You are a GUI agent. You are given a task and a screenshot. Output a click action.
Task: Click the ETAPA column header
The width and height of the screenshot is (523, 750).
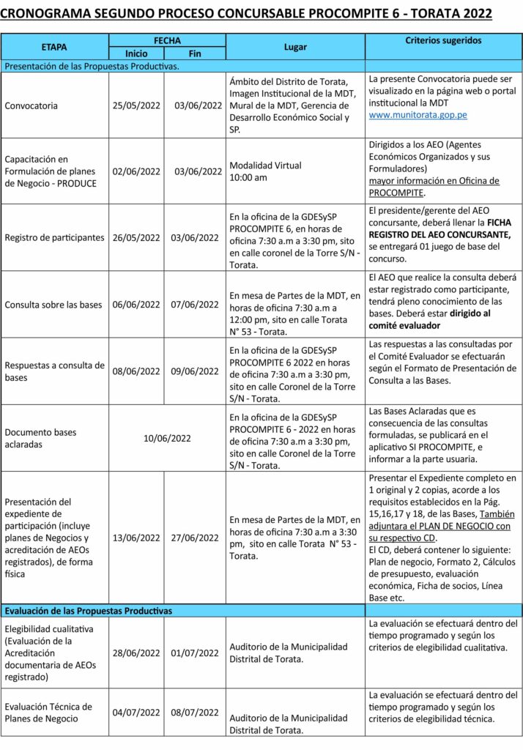pyautogui.click(x=55, y=47)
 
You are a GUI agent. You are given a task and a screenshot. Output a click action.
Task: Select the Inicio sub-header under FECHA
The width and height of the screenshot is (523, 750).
pyautogui.click(x=136, y=53)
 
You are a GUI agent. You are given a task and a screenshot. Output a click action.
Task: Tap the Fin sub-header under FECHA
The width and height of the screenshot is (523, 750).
pyautogui.click(x=195, y=53)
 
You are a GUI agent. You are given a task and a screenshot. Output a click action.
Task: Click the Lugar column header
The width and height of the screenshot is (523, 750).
pyautogui.click(x=295, y=47)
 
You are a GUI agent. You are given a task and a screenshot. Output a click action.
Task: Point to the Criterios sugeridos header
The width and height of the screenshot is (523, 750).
pyautogui.click(x=443, y=40)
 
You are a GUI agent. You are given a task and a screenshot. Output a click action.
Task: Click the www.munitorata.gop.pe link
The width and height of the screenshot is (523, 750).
pyautogui.click(x=418, y=115)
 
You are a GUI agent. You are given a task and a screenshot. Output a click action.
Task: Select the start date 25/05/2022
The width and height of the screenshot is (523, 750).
pyautogui.click(x=136, y=105)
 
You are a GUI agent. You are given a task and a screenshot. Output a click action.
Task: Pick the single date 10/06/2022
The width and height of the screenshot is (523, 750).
pyautogui.click(x=167, y=438)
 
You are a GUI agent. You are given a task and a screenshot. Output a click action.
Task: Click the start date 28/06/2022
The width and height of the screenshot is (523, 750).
pyautogui.click(x=136, y=653)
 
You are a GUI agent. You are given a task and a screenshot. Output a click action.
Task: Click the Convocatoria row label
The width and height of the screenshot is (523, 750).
pyautogui.click(x=31, y=105)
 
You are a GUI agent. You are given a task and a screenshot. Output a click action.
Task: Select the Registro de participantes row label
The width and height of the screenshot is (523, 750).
pyautogui.click(x=54, y=237)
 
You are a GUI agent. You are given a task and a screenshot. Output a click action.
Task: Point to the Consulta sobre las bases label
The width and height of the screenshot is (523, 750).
pyautogui.click(x=53, y=305)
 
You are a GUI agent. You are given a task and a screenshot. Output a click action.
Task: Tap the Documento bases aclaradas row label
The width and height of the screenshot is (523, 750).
pyautogui.click(x=40, y=438)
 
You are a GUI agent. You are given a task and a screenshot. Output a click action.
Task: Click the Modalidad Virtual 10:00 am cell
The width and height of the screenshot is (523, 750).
pyautogui.click(x=265, y=171)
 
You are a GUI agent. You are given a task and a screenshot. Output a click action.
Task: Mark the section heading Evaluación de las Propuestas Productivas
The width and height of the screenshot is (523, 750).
pyautogui.click(x=89, y=610)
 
